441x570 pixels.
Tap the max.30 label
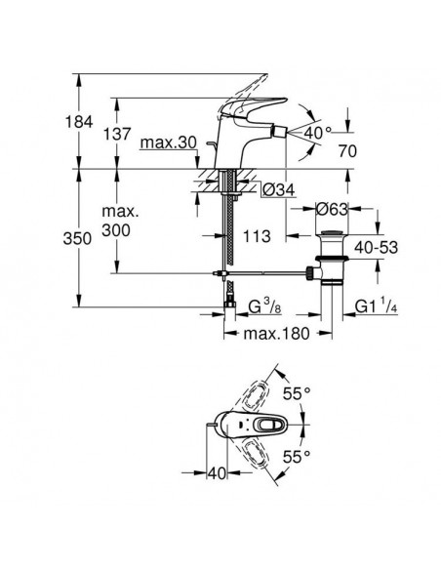click(168, 143)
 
